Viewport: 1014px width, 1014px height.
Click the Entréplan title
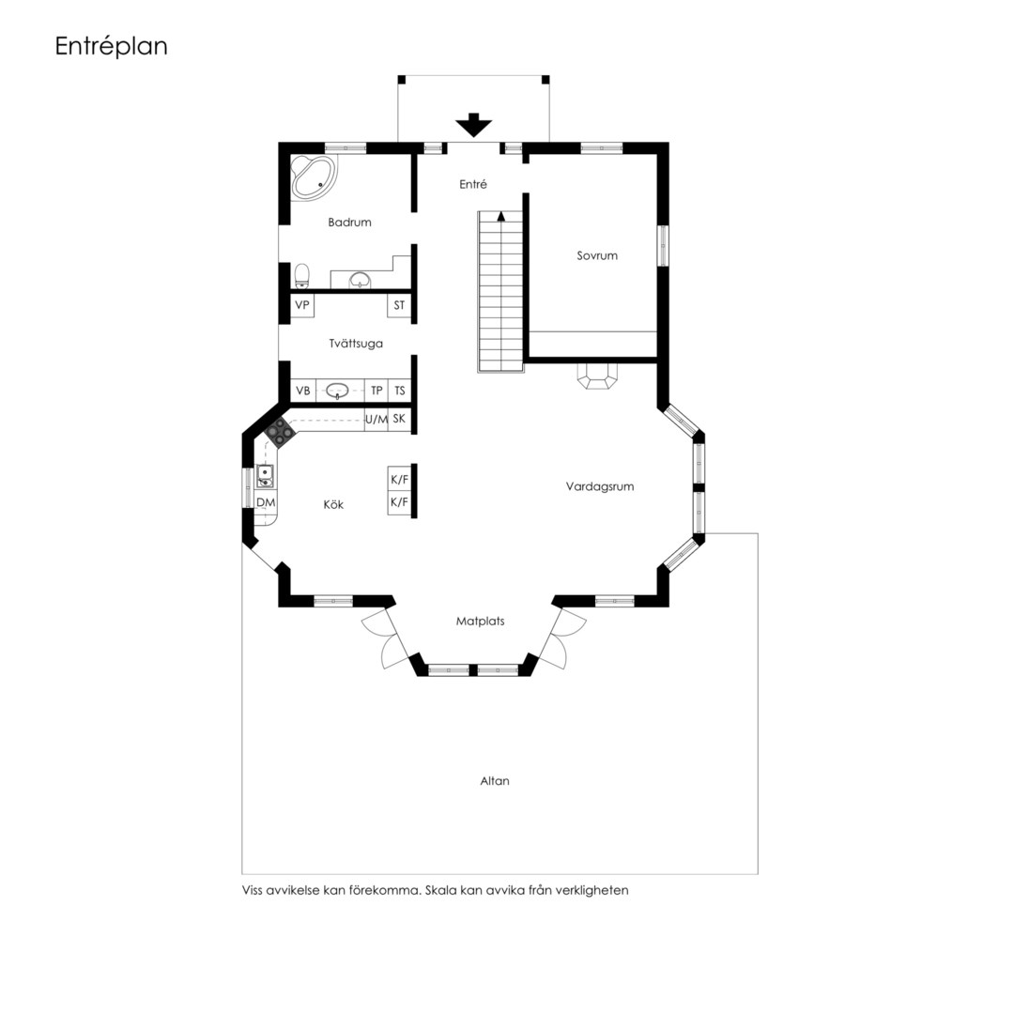[111, 47]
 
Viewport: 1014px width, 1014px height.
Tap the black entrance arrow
[473, 125]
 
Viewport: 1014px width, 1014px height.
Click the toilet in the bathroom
[301, 276]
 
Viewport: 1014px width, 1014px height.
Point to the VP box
[302, 305]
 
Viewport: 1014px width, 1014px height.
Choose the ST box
[399, 305]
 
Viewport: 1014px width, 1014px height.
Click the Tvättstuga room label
[356, 344]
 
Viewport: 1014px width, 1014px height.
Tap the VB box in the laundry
[302, 391]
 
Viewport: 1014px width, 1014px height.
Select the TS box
[400, 391]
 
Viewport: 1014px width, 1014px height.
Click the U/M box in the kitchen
[376, 420]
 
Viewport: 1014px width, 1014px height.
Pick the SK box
[400, 419]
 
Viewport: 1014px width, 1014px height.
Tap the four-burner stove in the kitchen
[280, 431]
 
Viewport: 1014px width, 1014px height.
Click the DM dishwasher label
[266, 502]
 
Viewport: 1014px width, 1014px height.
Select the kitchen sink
[265, 477]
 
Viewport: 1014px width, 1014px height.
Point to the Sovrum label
[597, 255]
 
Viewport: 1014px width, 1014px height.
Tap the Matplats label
[480, 622]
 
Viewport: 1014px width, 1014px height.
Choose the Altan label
[495, 781]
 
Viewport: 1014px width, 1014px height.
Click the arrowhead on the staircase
[500, 216]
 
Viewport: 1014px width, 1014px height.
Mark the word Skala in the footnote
[440, 890]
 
